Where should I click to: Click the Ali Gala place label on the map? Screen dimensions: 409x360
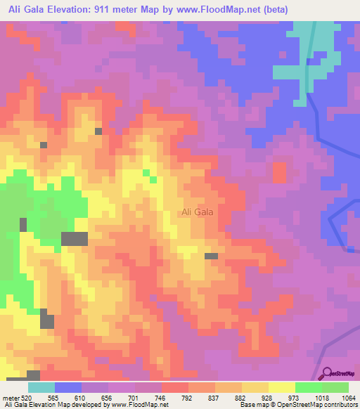[x=198, y=212]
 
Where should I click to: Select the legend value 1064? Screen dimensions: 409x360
[x=348, y=398]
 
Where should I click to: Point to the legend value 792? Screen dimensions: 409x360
[x=187, y=398]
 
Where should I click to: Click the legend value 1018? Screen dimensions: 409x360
[x=321, y=398]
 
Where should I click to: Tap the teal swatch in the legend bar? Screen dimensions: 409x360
[x=41, y=387]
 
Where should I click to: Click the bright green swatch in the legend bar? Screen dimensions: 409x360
[x=309, y=387]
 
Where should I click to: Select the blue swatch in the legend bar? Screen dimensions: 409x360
[x=68, y=387]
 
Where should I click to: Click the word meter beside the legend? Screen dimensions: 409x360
[x=11, y=398]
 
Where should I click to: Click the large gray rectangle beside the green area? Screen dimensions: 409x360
[x=75, y=238]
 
